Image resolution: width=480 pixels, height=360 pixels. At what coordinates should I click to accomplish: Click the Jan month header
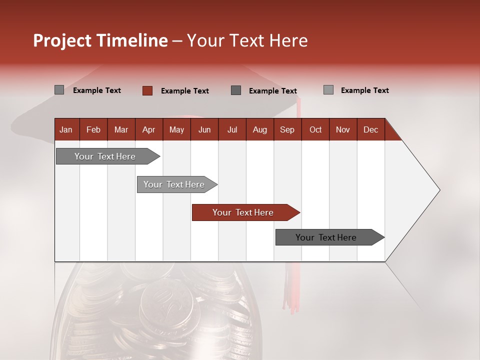(66, 129)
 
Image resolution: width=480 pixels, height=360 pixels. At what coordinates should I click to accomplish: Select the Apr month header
(148, 129)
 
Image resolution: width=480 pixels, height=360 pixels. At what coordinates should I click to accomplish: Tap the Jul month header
(232, 129)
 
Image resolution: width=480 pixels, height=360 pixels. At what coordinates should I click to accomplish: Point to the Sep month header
(287, 129)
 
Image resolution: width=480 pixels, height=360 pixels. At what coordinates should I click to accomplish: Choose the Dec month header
(370, 129)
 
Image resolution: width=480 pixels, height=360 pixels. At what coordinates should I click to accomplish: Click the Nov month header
(342, 129)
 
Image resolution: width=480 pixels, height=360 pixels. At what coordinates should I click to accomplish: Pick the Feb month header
(93, 129)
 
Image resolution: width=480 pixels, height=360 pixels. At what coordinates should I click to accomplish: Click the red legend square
(147, 90)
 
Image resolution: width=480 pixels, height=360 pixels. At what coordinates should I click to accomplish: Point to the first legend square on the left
(59, 90)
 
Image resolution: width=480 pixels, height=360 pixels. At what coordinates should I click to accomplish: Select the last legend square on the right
(328, 90)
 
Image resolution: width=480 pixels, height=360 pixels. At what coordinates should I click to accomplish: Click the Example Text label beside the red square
(184, 91)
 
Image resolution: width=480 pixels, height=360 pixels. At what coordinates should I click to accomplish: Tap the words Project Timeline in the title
(100, 40)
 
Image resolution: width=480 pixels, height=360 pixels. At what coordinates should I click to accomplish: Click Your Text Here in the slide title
(247, 40)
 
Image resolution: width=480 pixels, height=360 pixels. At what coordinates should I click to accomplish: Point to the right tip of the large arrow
(439, 190)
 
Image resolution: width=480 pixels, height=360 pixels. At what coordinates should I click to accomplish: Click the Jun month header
(204, 129)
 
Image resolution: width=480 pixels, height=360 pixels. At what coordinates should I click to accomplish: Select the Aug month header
(259, 129)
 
